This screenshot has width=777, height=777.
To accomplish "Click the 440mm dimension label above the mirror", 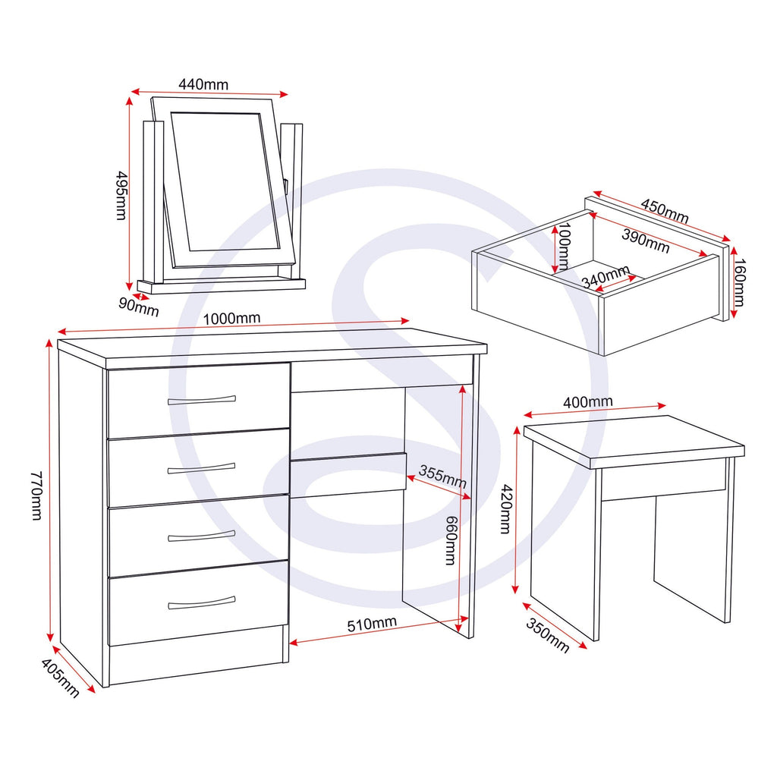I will click(x=203, y=84).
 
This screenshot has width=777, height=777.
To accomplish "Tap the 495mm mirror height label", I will click(x=120, y=195).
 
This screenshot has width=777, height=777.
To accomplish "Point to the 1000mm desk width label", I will click(x=231, y=318).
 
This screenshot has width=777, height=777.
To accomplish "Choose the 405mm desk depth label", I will click(x=61, y=679).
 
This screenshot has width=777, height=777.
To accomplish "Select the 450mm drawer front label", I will click(x=664, y=211).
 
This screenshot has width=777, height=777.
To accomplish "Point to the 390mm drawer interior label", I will click(x=646, y=239).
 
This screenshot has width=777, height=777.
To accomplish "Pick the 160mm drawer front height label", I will click(x=741, y=279).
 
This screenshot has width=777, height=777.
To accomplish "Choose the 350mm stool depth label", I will click(x=546, y=635).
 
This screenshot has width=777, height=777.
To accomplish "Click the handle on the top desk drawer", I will click(x=201, y=400).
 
